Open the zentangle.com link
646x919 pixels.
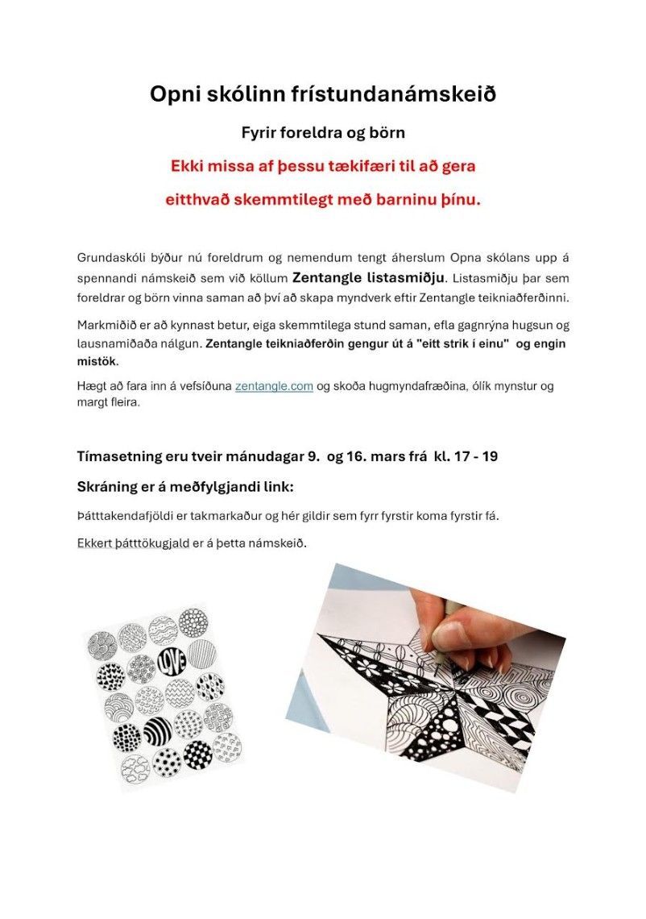[x=274, y=386]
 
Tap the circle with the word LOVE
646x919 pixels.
[x=172, y=659]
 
